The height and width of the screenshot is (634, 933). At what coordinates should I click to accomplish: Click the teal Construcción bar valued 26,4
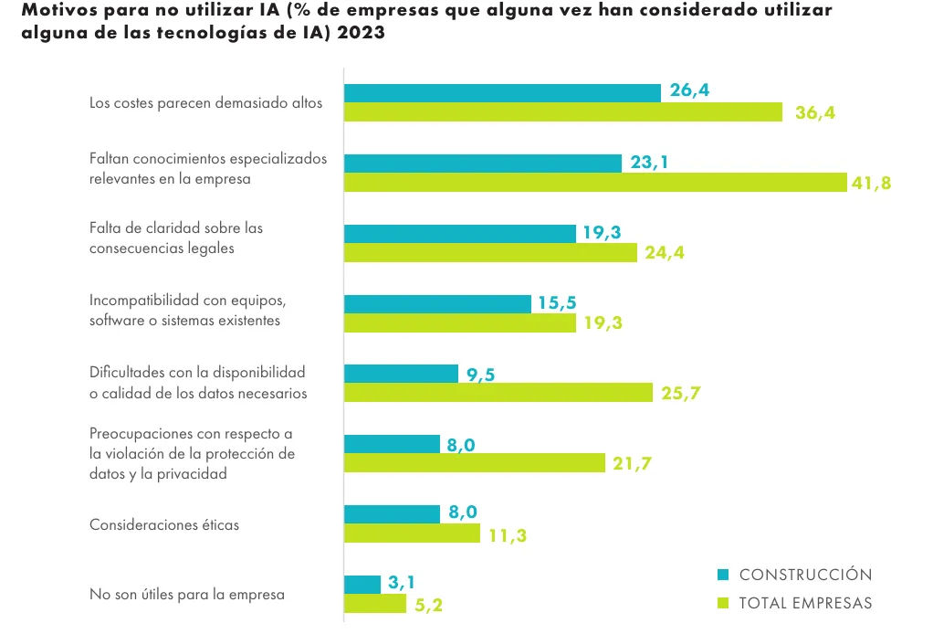point(502,93)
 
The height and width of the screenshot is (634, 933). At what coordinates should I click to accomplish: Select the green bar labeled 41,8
point(595,183)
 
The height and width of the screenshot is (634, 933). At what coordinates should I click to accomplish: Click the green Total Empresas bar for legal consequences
point(490,253)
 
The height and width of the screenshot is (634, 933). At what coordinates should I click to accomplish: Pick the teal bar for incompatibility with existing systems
point(437,303)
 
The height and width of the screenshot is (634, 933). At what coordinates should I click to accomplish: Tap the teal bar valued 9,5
point(401,374)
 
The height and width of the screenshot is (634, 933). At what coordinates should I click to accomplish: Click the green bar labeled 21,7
point(475,463)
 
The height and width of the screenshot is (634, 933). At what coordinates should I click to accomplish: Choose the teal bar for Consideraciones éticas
point(392,513)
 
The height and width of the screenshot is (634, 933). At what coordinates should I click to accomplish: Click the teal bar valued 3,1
point(362,585)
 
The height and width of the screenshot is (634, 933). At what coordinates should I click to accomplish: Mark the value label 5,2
point(429,605)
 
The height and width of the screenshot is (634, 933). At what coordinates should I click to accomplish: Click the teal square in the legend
point(723,575)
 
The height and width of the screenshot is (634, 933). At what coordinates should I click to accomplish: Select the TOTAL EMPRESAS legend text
point(805,603)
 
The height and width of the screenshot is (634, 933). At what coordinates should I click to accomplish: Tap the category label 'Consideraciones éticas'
point(163,525)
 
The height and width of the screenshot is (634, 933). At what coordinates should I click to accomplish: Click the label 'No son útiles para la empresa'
point(187,595)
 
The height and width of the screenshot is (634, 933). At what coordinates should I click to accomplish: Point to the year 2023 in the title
point(360,33)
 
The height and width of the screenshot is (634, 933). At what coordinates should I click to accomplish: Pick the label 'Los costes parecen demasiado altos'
point(206,103)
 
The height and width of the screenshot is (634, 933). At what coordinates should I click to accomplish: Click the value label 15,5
point(557,303)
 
